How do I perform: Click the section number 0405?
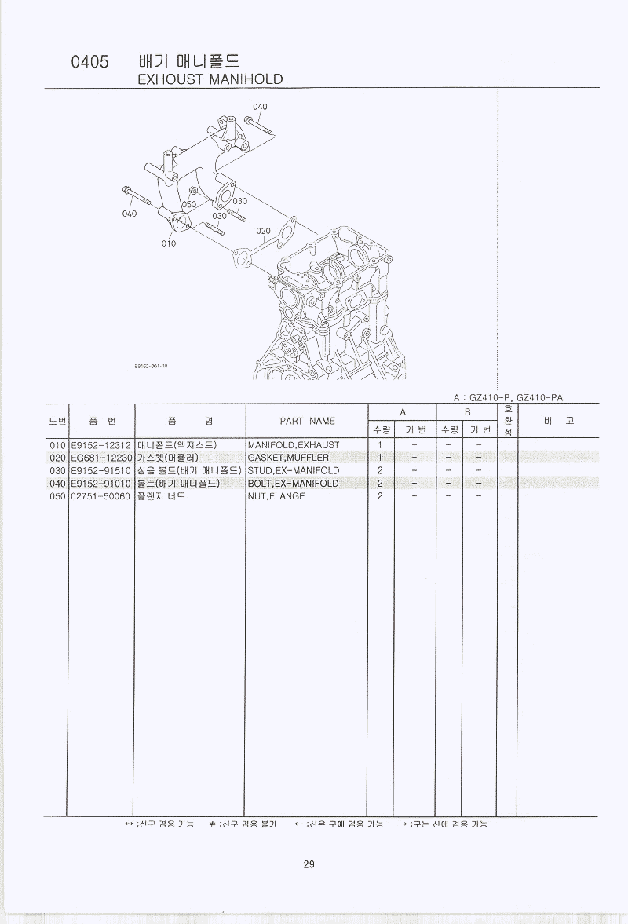pyautogui.click(x=89, y=63)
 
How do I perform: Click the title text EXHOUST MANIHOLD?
pyautogui.click(x=210, y=79)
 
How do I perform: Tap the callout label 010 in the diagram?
pyautogui.click(x=169, y=243)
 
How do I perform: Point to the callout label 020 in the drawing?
pyautogui.click(x=263, y=231)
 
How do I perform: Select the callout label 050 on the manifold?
pyautogui.click(x=188, y=204)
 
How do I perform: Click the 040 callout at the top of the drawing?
pyautogui.click(x=260, y=107)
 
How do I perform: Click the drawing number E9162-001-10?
pyautogui.click(x=152, y=366)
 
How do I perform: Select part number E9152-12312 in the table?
pyautogui.click(x=100, y=445)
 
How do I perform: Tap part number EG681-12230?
pyautogui.click(x=100, y=458)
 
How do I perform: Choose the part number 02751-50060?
pyautogui.click(x=100, y=496)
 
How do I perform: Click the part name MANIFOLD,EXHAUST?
pyautogui.click(x=294, y=445)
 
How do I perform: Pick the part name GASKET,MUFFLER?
pyautogui.click(x=288, y=458)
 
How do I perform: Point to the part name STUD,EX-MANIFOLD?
pyautogui.click(x=294, y=470)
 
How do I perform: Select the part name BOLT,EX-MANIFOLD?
pyautogui.click(x=293, y=484)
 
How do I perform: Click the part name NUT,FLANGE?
pyautogui.click(x=276, y=496)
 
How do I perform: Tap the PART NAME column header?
pyautogui.click(x=307, y=421)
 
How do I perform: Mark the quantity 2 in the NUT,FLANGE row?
pyautogui.click(x=380, y=496)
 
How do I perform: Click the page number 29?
pyautogui.click(x=309, y=864)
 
